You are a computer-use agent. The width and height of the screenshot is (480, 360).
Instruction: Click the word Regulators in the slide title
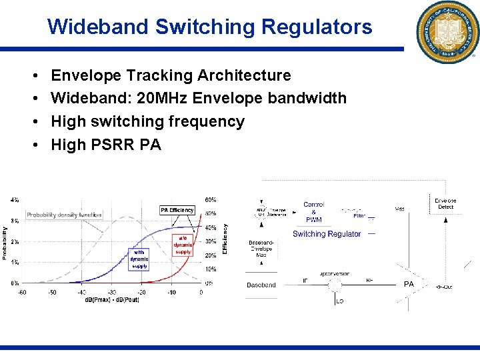[317, 27]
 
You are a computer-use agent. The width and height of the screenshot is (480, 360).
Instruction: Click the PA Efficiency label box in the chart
[177, 210]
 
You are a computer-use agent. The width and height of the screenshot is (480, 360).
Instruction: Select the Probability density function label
[64, 215]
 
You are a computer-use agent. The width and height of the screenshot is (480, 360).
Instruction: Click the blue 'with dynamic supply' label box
[139, 259]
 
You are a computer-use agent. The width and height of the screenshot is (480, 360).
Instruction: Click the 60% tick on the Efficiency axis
[210, 199]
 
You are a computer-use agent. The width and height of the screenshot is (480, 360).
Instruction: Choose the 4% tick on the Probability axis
[15, 199]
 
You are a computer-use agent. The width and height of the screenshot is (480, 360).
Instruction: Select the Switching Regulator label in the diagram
[327, 234]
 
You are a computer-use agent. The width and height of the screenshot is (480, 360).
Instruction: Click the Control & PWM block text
[314, 212]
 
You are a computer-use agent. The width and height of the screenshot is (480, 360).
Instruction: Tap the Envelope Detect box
[445, 203]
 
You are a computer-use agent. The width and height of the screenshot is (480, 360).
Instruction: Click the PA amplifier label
[409, 284]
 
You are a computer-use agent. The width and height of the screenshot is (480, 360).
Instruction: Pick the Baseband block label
[261, 285]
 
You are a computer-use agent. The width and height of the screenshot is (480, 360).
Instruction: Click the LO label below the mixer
[339, 302]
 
